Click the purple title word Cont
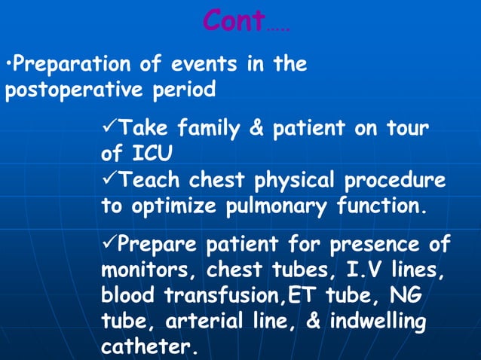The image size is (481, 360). click(x=233, y=22)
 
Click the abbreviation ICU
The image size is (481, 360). click(x=152, y=154)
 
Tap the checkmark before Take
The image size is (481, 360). click(x=109, y=128)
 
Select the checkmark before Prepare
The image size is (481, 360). click(x=109, y=245)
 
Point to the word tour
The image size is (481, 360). click(x=405, y=129)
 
